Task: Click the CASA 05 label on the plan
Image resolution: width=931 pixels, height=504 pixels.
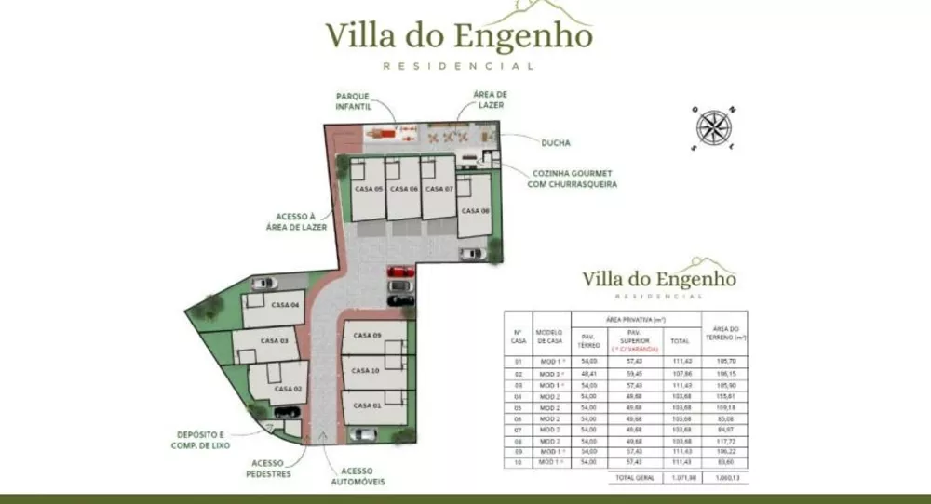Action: [369, 189]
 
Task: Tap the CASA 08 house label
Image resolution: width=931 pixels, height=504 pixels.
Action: [475, 211]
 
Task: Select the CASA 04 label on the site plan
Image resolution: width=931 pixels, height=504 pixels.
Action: [285, 305]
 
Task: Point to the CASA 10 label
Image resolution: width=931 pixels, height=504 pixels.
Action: [366, 370]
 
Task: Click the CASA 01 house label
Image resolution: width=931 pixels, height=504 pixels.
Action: [366, 405]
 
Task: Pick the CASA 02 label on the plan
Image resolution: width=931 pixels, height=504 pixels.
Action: [289, 389]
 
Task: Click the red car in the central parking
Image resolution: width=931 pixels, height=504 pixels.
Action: [400, 272]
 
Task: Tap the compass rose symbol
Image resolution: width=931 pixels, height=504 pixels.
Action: [714, 126]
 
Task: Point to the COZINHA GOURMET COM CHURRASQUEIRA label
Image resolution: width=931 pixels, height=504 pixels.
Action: [572, 179]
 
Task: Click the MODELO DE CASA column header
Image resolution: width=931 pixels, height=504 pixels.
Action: [550, 337]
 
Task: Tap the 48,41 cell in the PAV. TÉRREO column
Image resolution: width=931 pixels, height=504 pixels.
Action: [588, 373]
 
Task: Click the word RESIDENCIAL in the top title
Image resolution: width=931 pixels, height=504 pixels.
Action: [459, 66]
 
